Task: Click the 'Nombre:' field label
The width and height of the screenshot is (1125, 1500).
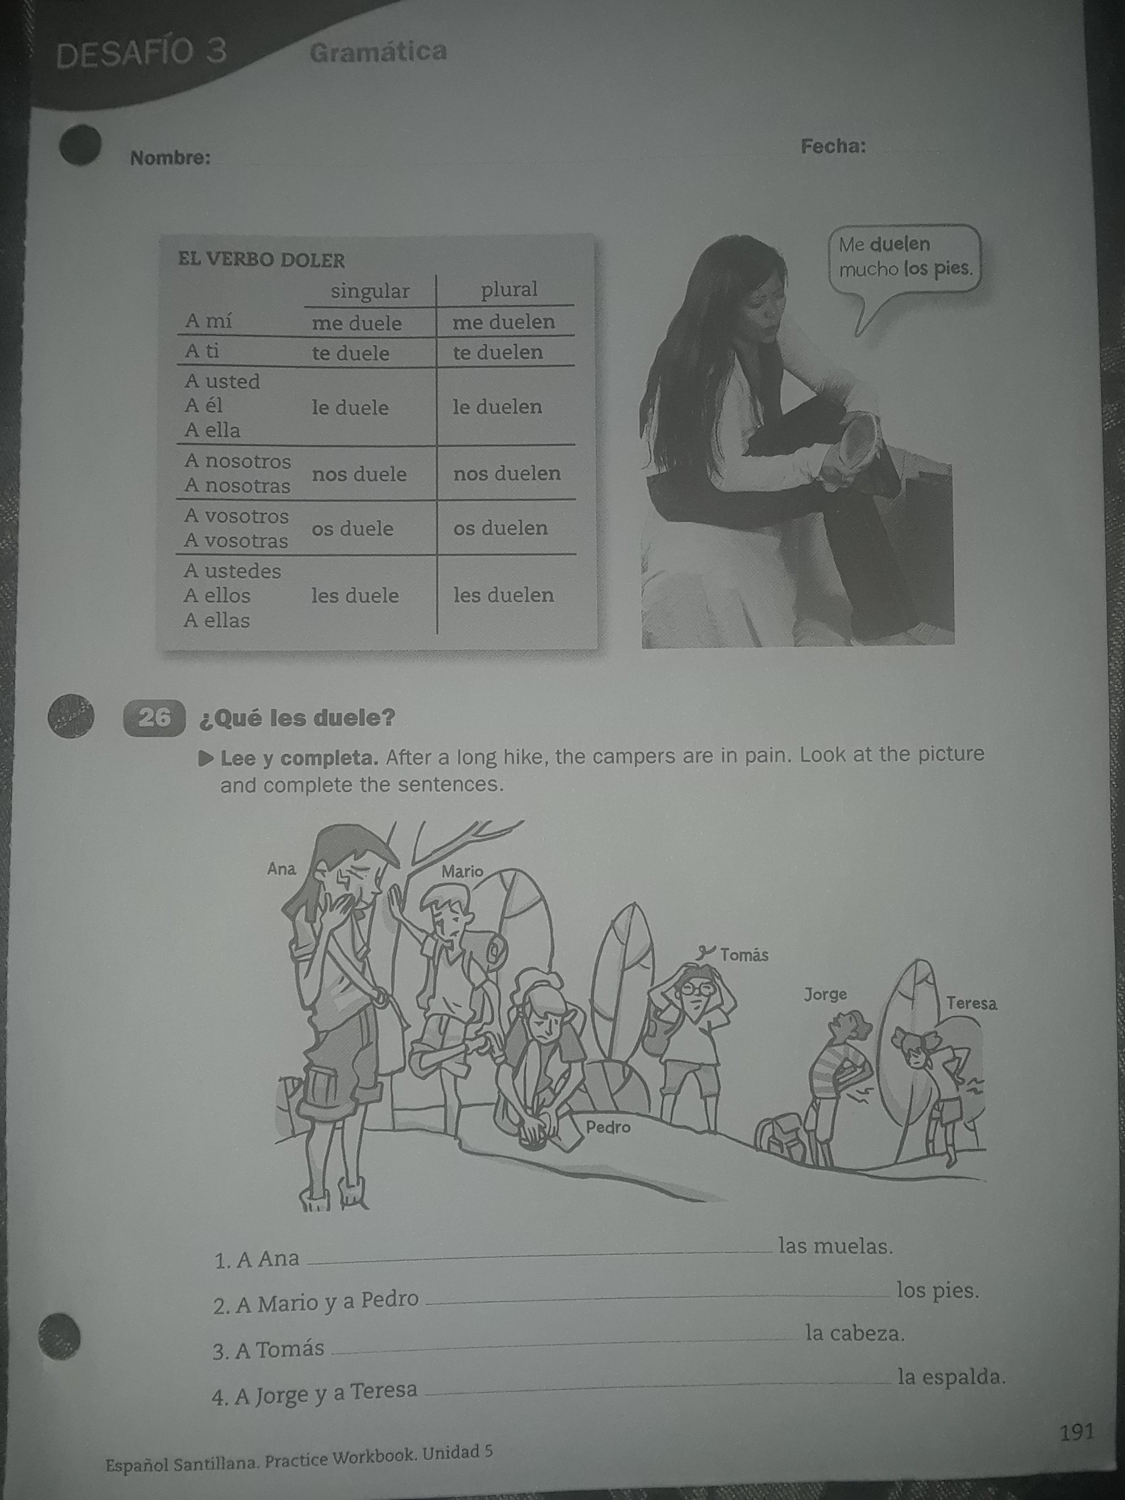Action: click(x=170, y=158)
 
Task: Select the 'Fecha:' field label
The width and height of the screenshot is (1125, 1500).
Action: click(x=833, y=147)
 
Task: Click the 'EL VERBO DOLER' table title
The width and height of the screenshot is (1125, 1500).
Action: click(x=262, y=260)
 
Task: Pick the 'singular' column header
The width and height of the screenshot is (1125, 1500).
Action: click(x=370, y=292)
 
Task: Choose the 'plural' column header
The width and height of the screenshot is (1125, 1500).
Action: click(x=510, y=289)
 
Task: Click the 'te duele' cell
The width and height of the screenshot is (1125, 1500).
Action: click(x=351, y=353)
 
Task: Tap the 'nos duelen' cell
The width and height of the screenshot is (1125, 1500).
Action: click(x=507, y=473)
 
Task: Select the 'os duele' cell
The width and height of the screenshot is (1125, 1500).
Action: click(x=353, y=528)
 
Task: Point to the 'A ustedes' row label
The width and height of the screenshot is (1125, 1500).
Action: click(x=232, y=571)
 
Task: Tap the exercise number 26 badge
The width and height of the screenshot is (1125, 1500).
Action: click(x=154, y=717)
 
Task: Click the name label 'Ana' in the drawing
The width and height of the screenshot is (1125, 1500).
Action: click(x=281, y=869)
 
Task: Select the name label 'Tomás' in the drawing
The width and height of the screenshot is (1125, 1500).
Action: click(x=745, y=956)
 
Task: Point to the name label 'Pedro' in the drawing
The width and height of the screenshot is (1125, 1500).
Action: click(x=609, y=1127)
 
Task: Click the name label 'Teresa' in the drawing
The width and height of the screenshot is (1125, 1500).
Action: click(x=972, y=1003)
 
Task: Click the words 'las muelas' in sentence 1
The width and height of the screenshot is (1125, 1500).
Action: click(x=836, y=1246)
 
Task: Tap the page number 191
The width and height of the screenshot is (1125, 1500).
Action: click(x=1077, y=1431)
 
